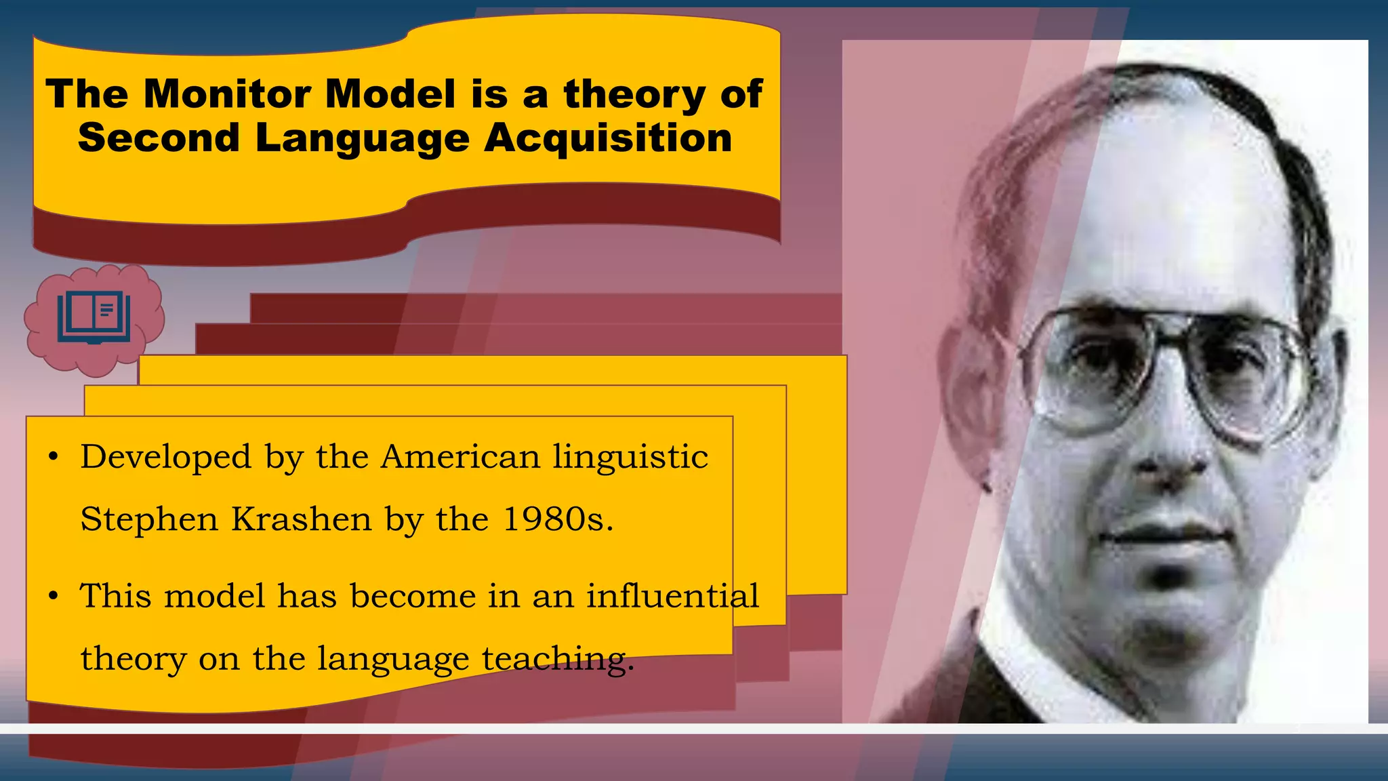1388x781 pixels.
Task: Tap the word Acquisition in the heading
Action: (608, 138)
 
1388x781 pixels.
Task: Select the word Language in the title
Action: (362, 139)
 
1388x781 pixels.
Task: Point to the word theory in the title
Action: (634, 94)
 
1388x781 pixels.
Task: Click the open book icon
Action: (94, 317)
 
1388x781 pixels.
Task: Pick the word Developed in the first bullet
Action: (165, 457)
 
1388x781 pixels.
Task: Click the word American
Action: (460, 457)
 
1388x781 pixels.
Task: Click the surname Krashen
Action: (302, 519)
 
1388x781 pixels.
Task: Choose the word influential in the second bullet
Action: (672, 596)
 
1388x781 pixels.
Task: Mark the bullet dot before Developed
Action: (54, 458)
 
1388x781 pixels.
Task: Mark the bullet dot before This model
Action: (54, 597)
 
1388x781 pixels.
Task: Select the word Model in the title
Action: (390, 94)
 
